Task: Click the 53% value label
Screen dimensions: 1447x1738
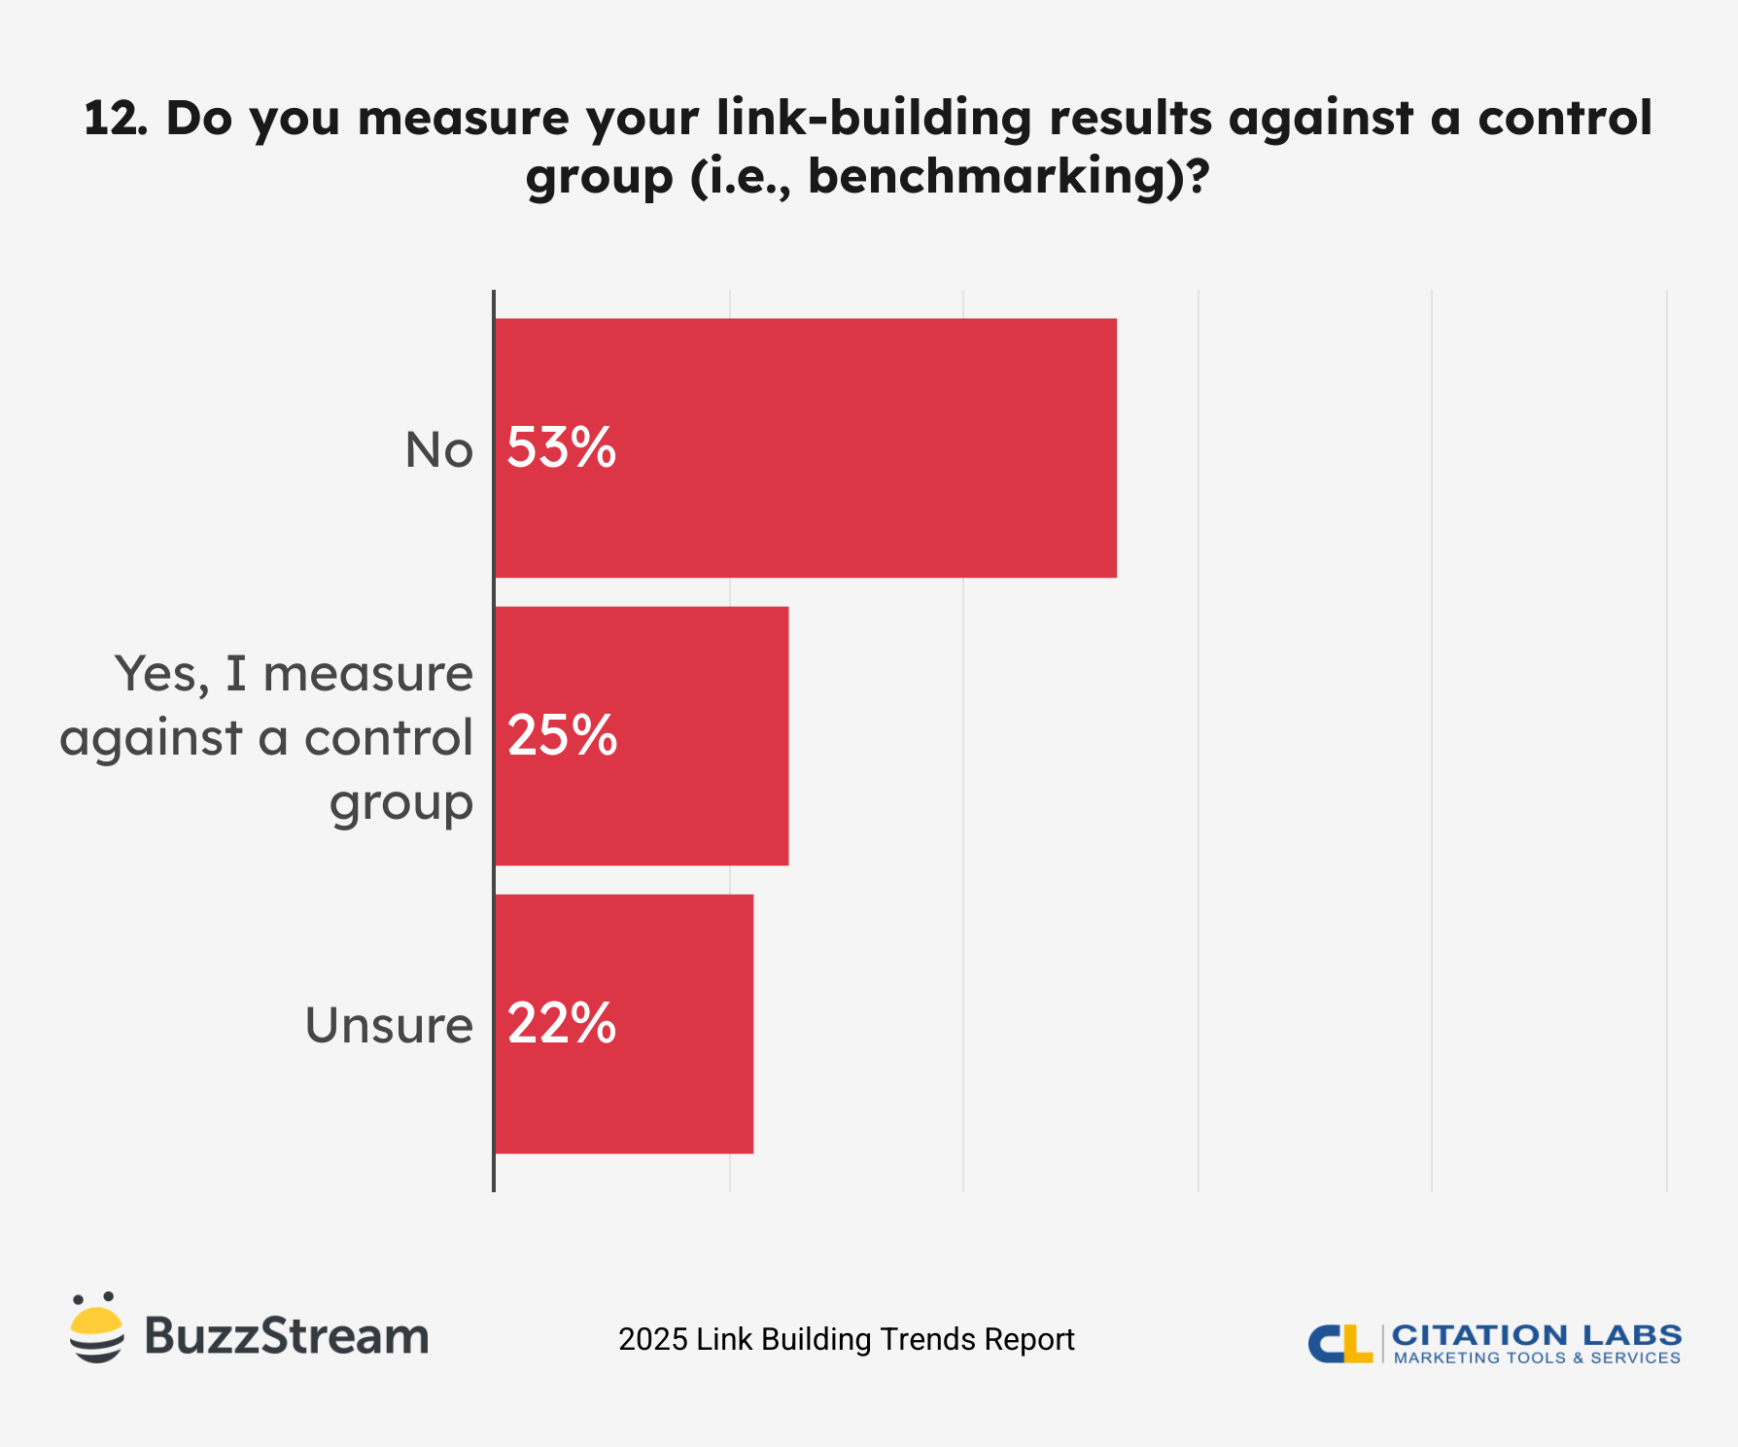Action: pyautogui.click(x=562, y=448)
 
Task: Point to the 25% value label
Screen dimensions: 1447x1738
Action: pyautogui.click(x=562, y=735)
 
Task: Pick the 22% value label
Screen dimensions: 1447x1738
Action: pyautogui.click(x=562, y=1023)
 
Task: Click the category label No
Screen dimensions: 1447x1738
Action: pyautogui.click(x=438, y=450)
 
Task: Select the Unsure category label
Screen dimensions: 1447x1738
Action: pyautogui.click(x=389, y=1025)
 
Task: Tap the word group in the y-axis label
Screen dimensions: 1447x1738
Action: pyautogui.click(x=400, y=803)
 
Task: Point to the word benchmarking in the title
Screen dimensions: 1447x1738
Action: pyautogui.click(x=989, y=177)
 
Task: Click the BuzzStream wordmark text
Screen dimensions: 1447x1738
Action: pyautogui.click(x=287, y=1336)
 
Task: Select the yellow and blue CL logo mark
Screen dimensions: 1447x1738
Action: pyautogui.click(x=1339, y=1343)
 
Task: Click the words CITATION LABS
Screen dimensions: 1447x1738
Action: pyautogui.click(x=1536, y=1334)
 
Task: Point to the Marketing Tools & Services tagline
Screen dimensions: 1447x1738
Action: pyautogui.click(x=1536, y=1358)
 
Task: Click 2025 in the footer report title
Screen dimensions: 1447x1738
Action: pyautogui.click(x=652, y=1339)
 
